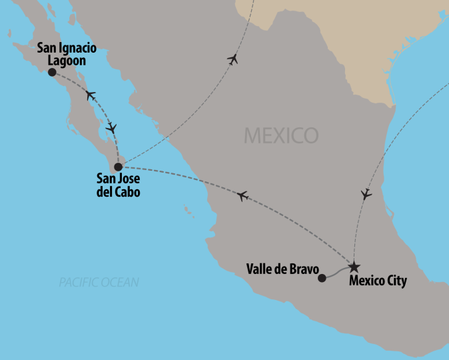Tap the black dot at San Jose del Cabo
point(119,167)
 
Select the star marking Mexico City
point(353,265)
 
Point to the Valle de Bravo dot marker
point(322,278)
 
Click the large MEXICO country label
point(280,135)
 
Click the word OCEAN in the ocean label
point(121,283)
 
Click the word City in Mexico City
point(395,281)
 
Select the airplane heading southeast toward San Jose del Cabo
point(111,126)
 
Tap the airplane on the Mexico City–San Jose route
point(242,195)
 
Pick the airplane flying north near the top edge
point(232,59)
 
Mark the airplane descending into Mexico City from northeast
point(365,195)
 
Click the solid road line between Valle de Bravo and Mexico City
point(337,272)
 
